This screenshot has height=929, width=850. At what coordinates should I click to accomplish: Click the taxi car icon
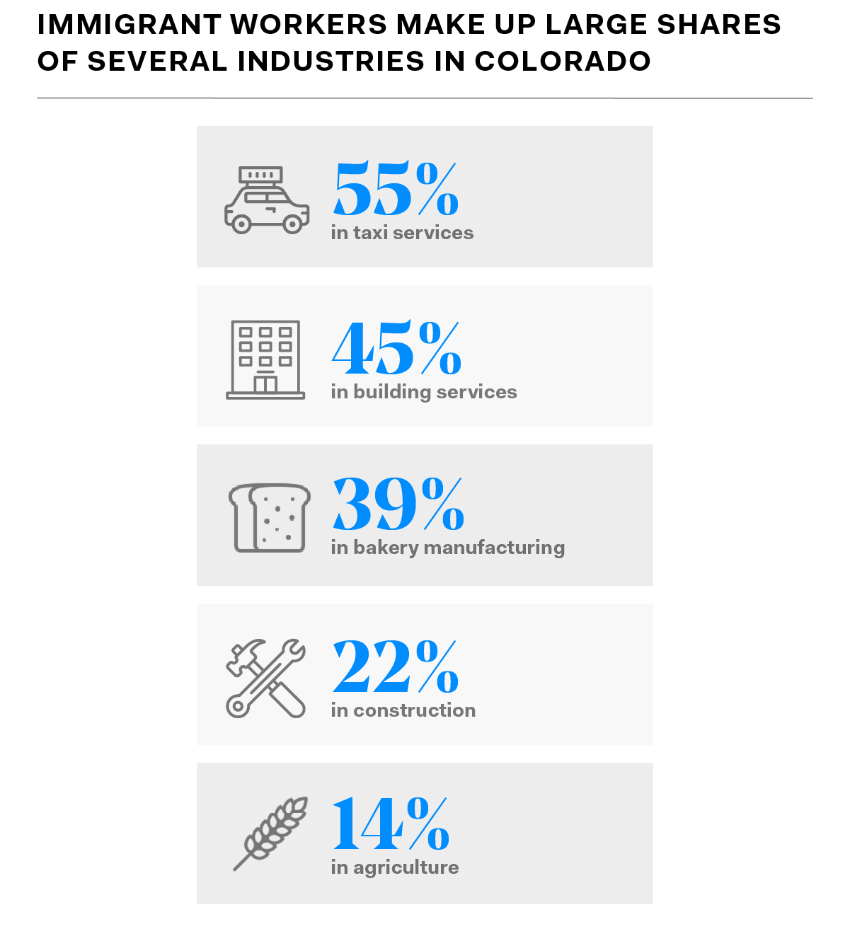[x=266, y=201]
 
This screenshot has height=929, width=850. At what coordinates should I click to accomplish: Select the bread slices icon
[x=270, y=518]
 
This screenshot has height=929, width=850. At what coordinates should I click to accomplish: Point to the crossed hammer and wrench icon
[x=266, y=679]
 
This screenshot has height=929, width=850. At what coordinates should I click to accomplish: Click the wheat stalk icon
[x=271, y=833]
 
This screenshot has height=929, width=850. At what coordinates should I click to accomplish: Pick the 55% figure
[x=396, y=190]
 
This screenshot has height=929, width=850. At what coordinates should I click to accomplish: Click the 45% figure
[x=396, y=349]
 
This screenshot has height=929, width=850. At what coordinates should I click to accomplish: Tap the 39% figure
[x=398, y=504]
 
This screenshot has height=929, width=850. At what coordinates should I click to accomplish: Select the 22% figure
[x=396, y=667]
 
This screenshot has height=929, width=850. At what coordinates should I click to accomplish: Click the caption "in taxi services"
[x=402, y=233]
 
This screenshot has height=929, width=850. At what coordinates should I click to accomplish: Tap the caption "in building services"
[x=424, y=392]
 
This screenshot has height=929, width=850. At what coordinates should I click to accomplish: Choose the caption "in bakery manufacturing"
[x=447, y=548]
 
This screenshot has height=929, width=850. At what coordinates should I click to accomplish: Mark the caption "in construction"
[x=403, y=710]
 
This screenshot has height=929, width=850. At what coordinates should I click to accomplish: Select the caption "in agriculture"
[x=395, y=867]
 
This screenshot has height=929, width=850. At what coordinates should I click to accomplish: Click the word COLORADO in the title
[x=563, y=62]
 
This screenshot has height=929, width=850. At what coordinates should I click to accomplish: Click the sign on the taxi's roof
[x=260, y=174]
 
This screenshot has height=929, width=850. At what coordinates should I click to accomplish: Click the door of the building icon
[x=265, y=384]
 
